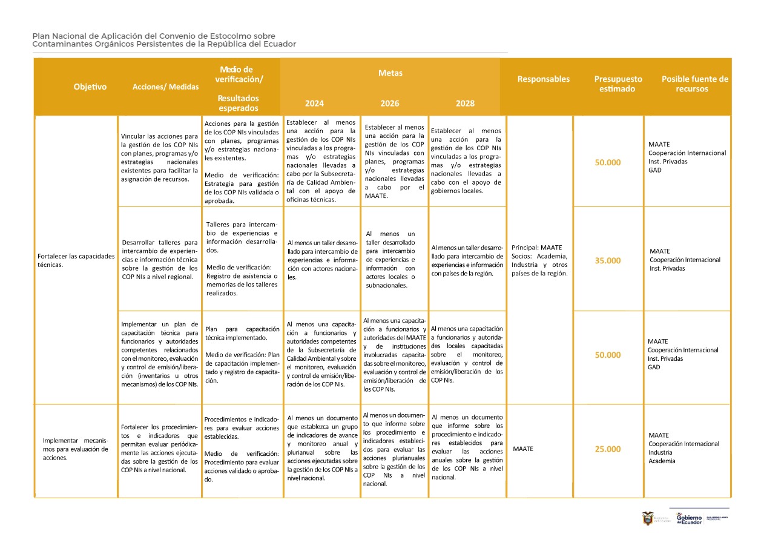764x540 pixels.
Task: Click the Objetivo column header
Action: click(90, 87)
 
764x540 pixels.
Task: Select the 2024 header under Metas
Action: click(314, 104)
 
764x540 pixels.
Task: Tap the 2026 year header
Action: click(390, 104)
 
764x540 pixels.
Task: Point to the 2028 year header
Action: click(465, 104)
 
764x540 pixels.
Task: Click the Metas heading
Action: click(390, 73)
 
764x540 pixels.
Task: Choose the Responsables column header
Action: click(543, 79)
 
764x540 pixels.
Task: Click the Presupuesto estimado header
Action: click(618, 84)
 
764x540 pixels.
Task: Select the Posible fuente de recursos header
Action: click(694, 84)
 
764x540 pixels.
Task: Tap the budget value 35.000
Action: click(608, 261)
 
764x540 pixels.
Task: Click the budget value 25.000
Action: click(608, 449)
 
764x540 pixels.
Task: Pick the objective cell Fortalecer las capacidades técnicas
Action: click(76, 260)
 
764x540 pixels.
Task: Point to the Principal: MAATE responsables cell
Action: click(539, 260)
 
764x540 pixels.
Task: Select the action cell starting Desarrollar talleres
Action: click(159, 259)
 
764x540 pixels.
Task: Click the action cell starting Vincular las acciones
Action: click(159, 157)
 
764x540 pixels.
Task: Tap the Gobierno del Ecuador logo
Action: click(688, 519)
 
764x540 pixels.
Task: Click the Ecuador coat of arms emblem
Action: click(648, 519)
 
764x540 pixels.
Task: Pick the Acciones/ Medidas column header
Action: click(165, 87)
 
